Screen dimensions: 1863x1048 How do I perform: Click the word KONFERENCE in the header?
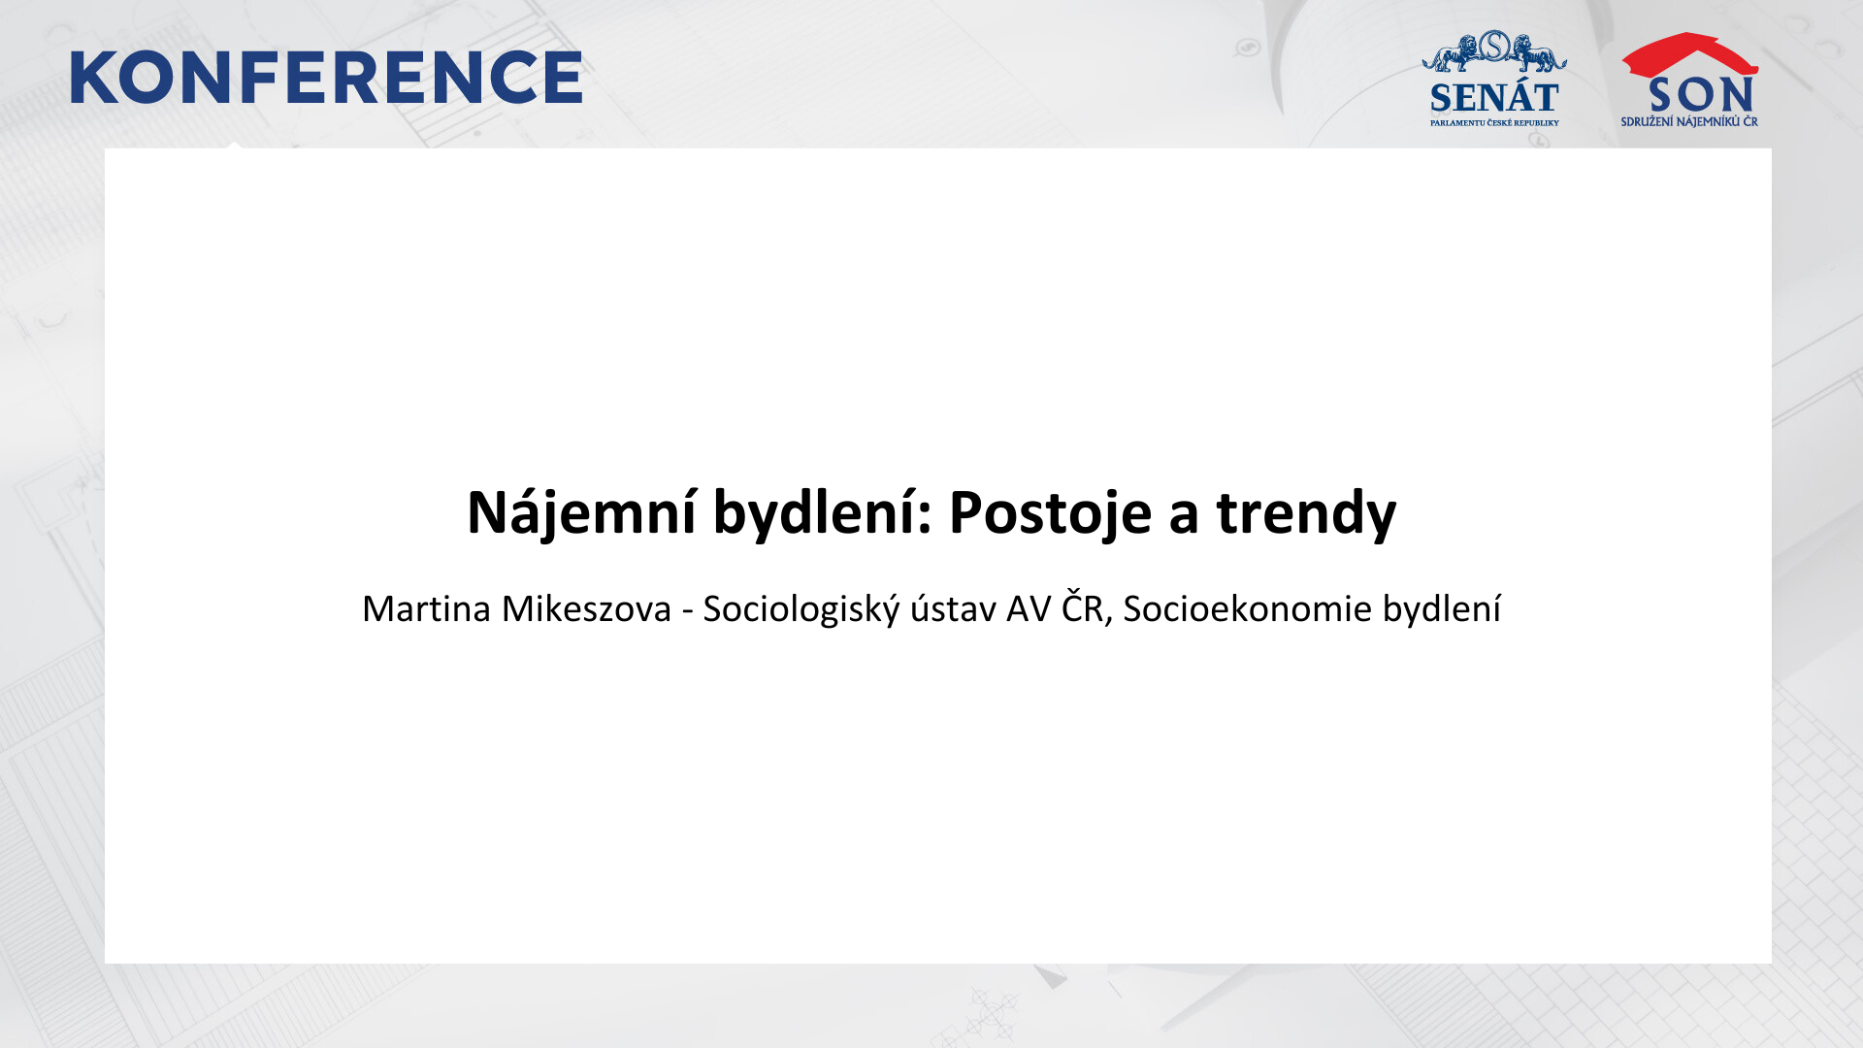(x=326, y=78)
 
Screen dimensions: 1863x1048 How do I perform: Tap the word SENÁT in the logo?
(x=1494, y=97)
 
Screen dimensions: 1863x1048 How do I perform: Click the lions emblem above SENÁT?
(x=1494, y=51)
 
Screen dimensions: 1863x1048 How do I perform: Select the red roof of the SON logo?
(x=1689, y=54)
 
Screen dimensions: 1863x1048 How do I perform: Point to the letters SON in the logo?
(x=1701, y=95)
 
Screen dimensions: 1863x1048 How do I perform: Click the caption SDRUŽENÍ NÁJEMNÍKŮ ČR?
(x=1689, y=122)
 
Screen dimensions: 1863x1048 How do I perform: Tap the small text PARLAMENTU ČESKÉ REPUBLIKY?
(x=1494, y=123)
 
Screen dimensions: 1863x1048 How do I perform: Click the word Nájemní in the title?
(x=581, y=512)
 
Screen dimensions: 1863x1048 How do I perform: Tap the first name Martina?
(x=427, y=609)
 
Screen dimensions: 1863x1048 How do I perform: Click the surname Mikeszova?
(x=586, y=609)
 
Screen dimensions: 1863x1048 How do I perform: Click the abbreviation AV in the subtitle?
(x=1029, y=609)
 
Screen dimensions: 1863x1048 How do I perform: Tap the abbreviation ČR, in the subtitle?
(x=1087, y=607)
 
